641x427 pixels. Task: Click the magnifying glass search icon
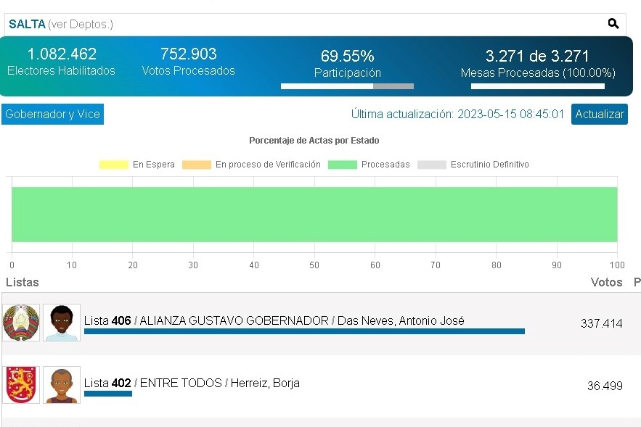[x=613, y=24]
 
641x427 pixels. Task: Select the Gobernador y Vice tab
[x=53, y=114]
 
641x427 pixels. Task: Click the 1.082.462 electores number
[x=62, y=54]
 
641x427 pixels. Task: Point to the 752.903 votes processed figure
[x=189, y=54]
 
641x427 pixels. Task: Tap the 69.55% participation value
[x=348, y=56]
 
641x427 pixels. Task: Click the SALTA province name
[x=27, y=24]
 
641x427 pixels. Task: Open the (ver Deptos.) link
[x=81, y=25]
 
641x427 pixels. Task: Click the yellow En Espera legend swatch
[x=114, y=165]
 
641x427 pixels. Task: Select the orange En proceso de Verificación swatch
[x=197, y=165]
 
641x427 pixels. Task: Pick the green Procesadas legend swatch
[x=343, y=165]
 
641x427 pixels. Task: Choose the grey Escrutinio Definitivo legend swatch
[x=432, y=165]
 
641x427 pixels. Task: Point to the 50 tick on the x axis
[x=314, y=265]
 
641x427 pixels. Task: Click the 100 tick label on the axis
[x=617, y=265]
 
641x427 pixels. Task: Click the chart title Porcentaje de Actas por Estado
[x=314, y=141]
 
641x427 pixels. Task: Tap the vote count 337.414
[x=601, y=323]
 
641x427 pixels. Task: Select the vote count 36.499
[x=605, y=386]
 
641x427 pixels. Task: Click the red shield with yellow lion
[x=21, y=385]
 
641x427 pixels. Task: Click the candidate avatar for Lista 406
[x=62, y=323]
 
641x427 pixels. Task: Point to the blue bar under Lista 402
[x=108, y=394]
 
